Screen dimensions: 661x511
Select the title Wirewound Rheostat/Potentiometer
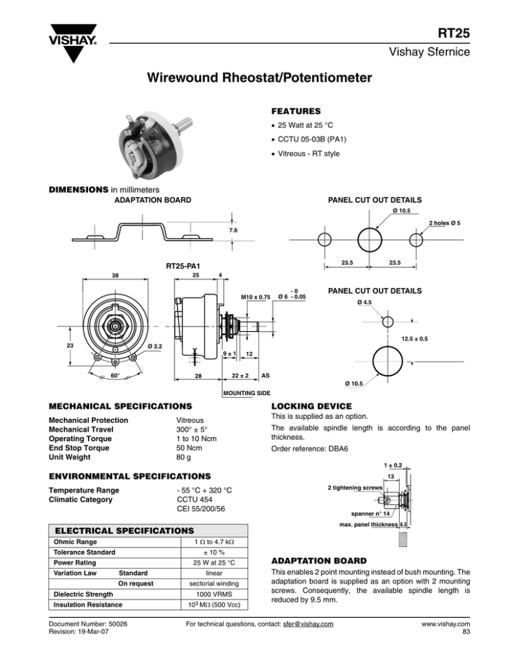[x=255, y=79]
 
